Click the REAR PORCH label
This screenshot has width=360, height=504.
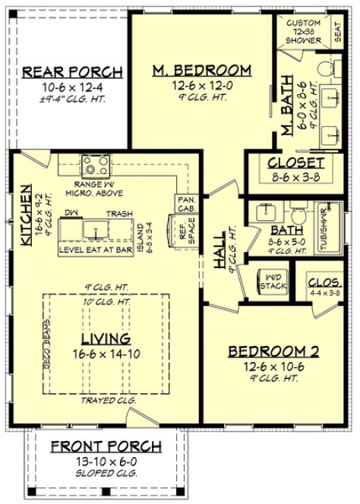pos(72,72)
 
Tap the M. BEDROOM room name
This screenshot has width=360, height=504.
pos(201,71)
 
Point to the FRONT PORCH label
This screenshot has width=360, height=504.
pos(106,447)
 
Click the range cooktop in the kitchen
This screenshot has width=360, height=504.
pos(97,165)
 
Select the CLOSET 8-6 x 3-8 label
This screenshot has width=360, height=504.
pos(296,163)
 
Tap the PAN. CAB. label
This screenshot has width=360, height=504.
pos(186,203)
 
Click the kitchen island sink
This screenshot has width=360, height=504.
pos(97,227)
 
